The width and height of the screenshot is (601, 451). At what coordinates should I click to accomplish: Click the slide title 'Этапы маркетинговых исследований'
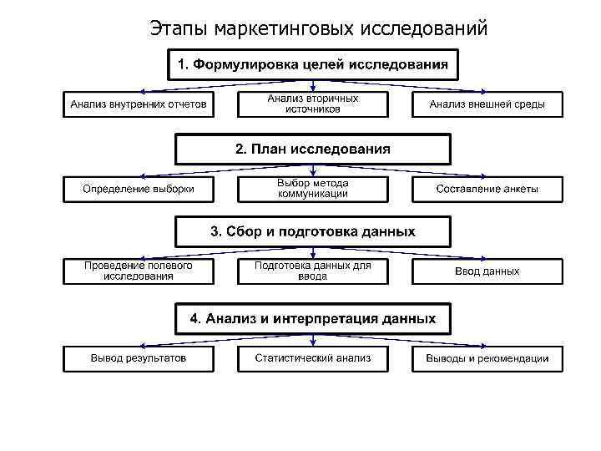tap(318, 28)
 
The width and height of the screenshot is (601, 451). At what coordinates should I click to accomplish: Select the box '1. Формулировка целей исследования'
tap(312, 64)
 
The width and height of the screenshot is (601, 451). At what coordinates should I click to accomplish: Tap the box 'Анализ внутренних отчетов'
tap(139, 104)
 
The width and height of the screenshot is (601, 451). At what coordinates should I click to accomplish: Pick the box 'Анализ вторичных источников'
tap(312, 104)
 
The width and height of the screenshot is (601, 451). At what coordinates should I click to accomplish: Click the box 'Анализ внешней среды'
tap(487, 104)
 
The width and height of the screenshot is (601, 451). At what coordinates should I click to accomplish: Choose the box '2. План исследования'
tap(312, 149)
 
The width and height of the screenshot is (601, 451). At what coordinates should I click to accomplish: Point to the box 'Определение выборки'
tap(139, 189)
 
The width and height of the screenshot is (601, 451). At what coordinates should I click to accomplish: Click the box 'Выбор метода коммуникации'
tap(312, 189)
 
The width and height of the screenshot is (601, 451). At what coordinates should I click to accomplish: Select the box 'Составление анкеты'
tap(487, 189)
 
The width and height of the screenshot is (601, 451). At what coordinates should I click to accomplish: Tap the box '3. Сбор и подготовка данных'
tap(312, 231)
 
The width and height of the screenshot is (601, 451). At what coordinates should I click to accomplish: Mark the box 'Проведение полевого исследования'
tap(139, 271)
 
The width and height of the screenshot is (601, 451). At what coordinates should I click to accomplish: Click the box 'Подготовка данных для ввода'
tap(312, 271)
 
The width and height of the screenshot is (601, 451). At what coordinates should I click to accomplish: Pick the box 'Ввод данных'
tap(487, 271)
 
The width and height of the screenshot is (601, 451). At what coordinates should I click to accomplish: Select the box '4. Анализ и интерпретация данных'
tap(312, 318)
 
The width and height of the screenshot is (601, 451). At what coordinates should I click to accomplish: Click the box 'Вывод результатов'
tap(139, 358)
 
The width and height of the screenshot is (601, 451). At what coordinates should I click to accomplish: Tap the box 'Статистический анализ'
tap(312, 358)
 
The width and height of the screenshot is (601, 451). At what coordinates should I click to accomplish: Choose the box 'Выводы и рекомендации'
tap(487, 358)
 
